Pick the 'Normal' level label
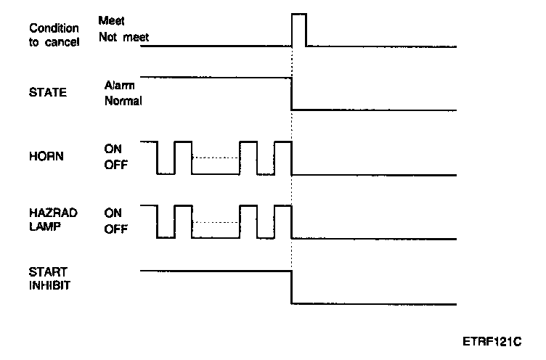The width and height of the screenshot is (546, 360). pyautogui.click(x=123, y=101)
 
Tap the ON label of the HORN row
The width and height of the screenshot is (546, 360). pyautogui.click(x=113, y=150)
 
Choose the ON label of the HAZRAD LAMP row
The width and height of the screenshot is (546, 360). pyautogui.click(x=113, y=213)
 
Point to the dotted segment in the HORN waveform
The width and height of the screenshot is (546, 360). pyautogui.click(x=216, y=158)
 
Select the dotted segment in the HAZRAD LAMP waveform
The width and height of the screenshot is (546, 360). pyautogui.click(x=216, y=222)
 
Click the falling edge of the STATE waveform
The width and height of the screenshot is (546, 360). pyautogui.click(x=292, y=94)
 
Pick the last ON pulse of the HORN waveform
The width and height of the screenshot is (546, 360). pyautogui.click(x=283, y=142)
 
